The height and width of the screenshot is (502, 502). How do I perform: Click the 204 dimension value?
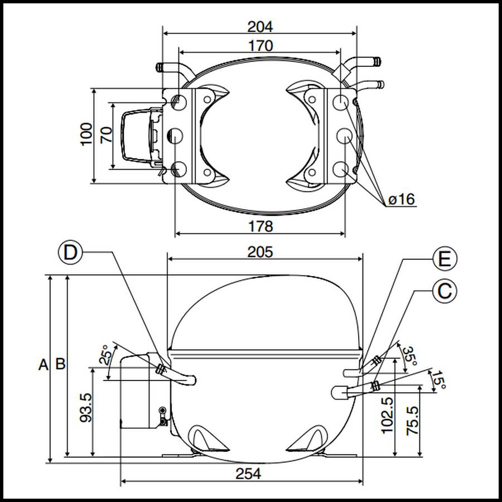[x=259, y=26]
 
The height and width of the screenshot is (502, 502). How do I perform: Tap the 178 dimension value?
[x=260, y=226]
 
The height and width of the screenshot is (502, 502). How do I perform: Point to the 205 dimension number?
[x=260, y=252]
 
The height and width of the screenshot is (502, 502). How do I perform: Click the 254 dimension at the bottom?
[x=248, y=474]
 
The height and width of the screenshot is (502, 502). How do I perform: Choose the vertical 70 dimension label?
[x=106, y=135]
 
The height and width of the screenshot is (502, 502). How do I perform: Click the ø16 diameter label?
[x=402, y=199]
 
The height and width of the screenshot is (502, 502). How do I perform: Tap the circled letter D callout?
[x=70, y=252]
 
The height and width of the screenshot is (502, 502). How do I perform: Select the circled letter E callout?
[x=445, y=259]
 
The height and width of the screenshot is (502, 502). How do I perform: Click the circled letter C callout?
[x=445, y=291]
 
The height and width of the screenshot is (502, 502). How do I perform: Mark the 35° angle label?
[x=411, y=355]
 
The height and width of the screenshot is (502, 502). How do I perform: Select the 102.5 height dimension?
[x=387, y=416]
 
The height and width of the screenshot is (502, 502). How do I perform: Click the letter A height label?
[x=43, y=365]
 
